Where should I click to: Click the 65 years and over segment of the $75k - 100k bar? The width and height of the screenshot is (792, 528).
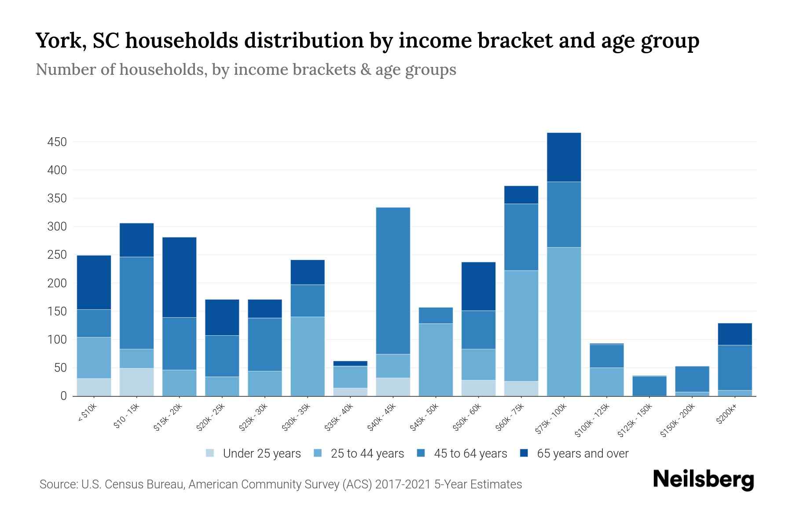point(564,157)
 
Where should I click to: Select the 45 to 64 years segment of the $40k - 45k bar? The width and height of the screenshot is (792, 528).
point(393,281)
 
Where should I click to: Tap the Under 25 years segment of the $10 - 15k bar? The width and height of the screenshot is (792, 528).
point(136,382)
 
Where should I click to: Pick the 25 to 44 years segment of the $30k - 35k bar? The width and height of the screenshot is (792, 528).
point(308,356)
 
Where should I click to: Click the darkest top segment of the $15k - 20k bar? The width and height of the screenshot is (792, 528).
point(179,277)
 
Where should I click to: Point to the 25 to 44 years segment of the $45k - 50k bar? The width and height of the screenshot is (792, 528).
point(436,360)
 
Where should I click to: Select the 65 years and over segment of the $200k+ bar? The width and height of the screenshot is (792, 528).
point(734,334)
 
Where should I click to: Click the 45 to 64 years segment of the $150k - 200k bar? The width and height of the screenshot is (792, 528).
point(692,379)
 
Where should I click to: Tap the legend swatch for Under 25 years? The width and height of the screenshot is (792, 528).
point(210,453)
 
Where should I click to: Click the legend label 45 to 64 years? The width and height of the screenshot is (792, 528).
point(470,454)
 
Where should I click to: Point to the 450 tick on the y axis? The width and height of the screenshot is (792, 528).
point(57,142)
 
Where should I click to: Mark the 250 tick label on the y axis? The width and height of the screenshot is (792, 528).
point(57,255)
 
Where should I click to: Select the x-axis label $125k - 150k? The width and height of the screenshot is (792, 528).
point(634,420)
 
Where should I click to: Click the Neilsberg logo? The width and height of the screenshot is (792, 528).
point(703,479)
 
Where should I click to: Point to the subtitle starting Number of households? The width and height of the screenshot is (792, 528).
point(246,70)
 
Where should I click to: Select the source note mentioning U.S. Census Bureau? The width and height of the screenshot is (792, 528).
point(280,484)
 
